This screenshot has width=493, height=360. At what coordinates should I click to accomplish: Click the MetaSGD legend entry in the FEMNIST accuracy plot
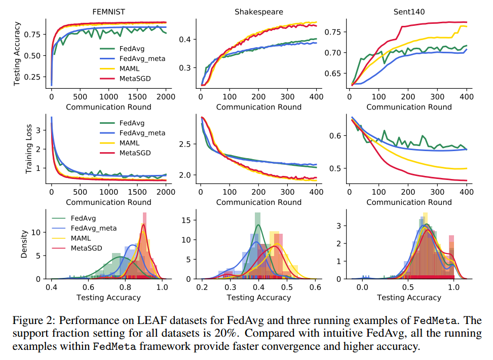pos(133,79)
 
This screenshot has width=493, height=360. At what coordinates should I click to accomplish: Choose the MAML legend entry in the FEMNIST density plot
pos(82,238)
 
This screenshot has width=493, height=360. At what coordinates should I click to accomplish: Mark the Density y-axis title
pos(24,245)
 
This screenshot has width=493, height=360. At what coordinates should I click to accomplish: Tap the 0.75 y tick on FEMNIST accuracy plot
pos(32,34)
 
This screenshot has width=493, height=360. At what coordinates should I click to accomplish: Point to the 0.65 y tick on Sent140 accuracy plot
pos(335,74)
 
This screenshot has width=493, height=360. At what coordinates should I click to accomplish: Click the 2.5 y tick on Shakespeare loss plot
pos(185,144)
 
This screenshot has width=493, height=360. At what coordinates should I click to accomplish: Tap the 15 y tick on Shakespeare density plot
pos(186,221)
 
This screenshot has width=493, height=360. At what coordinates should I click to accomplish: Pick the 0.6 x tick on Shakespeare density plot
pos(315,287)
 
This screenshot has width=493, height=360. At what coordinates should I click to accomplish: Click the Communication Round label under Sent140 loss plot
pos(409,202)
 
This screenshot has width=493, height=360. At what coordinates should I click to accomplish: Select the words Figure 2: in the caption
pos(31,321)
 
